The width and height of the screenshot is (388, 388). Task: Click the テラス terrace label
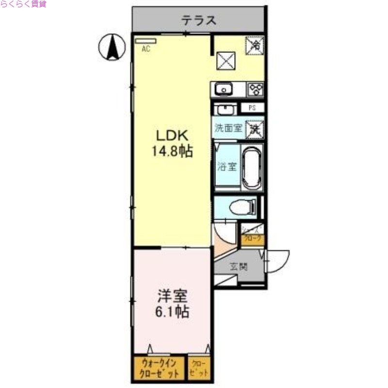198,20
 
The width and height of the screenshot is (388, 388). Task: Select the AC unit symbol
145,42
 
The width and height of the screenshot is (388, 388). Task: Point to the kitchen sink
223,89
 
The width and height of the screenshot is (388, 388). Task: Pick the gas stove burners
256,89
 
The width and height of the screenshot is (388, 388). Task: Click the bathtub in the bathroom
252,166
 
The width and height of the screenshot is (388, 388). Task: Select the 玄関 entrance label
239,266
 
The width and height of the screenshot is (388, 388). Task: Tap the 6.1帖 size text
172,311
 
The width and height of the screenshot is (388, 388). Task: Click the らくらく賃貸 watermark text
24,4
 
